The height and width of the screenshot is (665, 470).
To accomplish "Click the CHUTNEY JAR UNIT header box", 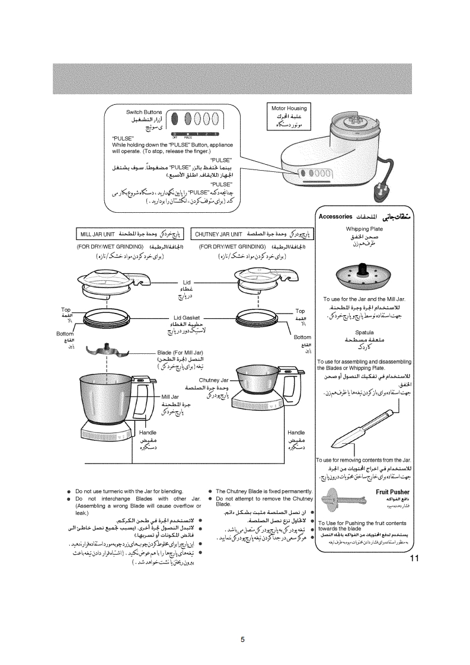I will pos(252,232).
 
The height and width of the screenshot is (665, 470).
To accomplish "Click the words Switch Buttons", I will pos(144,112).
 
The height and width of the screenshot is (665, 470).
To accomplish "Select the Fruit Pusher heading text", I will pos(392,492).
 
